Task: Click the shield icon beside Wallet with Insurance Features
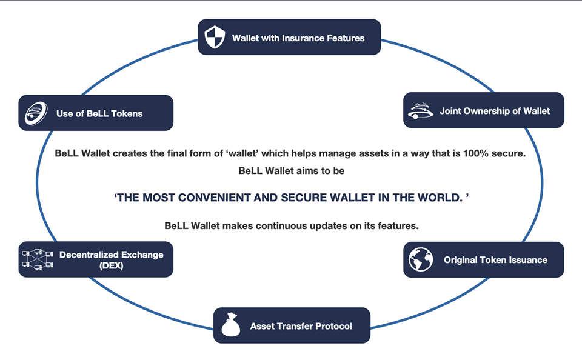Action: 215,37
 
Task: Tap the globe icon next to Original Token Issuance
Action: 421,259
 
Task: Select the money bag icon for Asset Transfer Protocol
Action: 231,325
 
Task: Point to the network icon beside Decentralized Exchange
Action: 38,259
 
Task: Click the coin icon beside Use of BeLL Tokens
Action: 36,113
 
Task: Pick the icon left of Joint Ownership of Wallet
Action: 421,110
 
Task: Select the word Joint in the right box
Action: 450,111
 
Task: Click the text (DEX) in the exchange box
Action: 112,265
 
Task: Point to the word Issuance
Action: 528,260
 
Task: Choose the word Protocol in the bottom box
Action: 333,326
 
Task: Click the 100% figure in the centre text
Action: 475,153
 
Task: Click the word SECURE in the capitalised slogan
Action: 304,198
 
